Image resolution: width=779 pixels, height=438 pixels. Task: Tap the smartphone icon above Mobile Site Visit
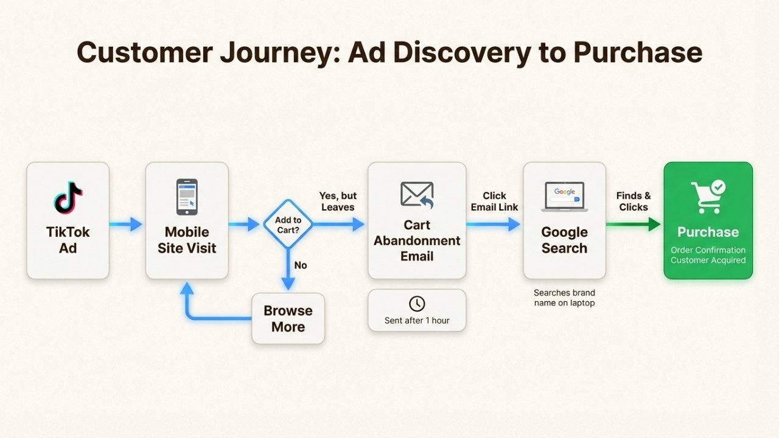187,196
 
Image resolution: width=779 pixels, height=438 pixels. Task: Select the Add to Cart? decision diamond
288,225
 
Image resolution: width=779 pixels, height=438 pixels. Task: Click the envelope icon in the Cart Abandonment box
417,195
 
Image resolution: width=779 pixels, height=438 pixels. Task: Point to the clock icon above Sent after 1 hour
417,304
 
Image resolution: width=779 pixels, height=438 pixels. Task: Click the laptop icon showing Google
564,197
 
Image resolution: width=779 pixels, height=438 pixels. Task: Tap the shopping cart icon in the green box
707,196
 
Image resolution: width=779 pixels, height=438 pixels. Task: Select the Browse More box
288,319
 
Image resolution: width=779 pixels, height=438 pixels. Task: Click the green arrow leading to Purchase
634,225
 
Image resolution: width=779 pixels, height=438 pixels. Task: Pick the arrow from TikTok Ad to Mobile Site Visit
127,225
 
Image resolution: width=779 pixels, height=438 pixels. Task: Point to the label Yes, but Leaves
338,201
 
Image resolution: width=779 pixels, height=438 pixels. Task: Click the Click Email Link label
494,201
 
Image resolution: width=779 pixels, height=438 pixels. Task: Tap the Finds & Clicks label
634,201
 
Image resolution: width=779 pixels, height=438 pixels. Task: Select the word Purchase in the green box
708,232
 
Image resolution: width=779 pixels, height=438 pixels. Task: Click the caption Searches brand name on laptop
564,297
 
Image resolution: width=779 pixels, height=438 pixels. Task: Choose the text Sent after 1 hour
417,320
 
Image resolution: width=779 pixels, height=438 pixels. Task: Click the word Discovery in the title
436,52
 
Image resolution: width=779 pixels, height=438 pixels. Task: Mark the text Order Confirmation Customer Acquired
708,255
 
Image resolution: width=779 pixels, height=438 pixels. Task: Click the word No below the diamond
301,265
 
